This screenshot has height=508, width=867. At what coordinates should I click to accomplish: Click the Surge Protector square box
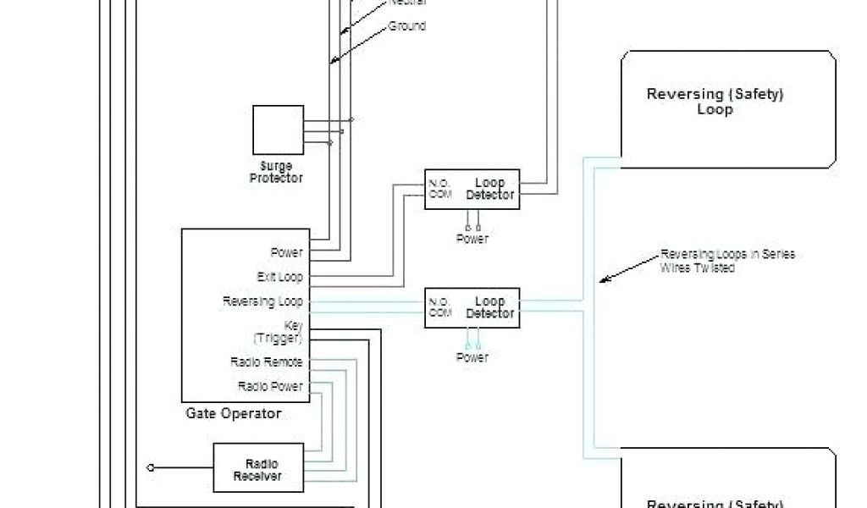(278, 130)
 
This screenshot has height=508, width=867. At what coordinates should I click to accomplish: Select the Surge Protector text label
(276, 173)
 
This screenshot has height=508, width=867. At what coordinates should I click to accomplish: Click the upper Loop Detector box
(472, 190)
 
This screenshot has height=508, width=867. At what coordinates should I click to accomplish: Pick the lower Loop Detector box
(472, 308)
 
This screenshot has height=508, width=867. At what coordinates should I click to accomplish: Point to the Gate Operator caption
(233, 414)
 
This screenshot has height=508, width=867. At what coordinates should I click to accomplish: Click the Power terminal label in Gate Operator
(286, 252)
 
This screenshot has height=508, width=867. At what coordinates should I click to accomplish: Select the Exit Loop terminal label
(279, 277)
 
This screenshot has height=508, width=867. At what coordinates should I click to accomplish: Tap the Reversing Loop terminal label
(262, 301)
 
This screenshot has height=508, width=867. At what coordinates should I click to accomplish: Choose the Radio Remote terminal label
(266, 362)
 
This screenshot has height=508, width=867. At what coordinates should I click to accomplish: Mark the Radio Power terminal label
(269, 386)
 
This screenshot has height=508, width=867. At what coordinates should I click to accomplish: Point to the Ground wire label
(406, 26)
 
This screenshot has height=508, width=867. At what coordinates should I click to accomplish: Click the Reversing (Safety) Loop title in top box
(715, 102)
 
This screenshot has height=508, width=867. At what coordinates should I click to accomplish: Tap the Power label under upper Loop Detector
(472, 240)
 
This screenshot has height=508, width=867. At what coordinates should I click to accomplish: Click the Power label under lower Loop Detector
(472, 357)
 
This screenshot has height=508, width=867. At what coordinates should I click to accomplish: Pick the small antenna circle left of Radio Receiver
(151, 467)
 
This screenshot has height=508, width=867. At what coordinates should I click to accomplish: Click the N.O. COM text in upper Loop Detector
(439, 188)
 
